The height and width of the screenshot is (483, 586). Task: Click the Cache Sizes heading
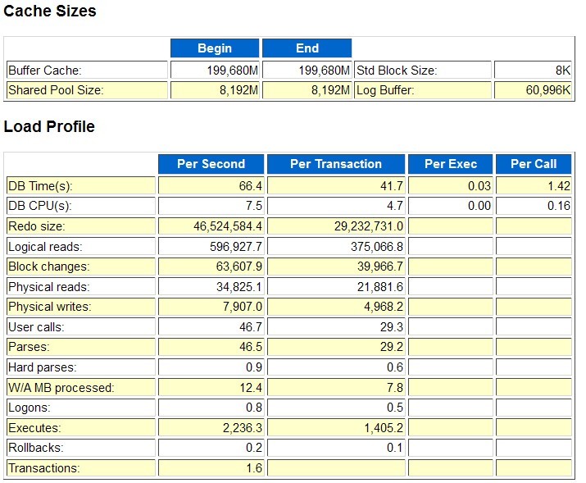[50, 11]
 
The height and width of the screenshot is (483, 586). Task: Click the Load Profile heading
[49, 127]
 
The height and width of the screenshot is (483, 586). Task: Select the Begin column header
[215, 48]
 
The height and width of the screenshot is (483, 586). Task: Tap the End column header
[307, 48]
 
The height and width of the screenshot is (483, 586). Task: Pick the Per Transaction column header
[336, 164]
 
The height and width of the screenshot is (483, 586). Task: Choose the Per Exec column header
[451, 164]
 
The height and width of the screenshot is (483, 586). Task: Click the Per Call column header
[534, 164]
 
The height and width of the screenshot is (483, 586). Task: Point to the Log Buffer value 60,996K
[548, 90]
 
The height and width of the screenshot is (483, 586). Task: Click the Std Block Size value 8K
[561, 71]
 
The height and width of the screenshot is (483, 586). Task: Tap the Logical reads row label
[45, 247]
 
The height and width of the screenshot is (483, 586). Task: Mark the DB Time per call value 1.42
[557, 186]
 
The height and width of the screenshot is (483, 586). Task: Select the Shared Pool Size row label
[56, 90]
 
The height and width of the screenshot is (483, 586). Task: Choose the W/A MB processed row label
[61, 388]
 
